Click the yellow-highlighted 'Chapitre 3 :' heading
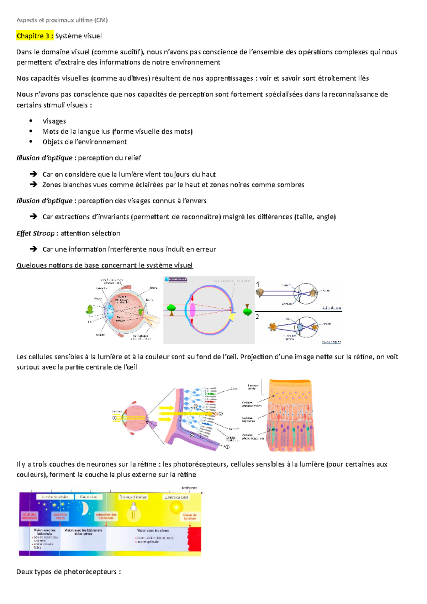tap(35, 36)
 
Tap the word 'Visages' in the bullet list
tap(54, 121)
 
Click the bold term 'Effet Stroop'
tap(35, 233)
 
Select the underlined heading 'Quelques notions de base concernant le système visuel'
tap(105, 265)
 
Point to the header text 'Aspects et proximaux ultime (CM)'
tap(62, 20)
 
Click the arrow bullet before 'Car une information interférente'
tap(33, 249)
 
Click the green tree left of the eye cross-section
tap(89, 309)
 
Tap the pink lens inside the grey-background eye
tap(193, 309)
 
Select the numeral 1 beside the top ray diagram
tap(258, 284)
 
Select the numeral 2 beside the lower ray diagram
tap(257, 316)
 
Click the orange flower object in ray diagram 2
tap(273, 327)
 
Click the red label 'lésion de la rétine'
tap(190, 516)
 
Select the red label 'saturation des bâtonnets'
tap(106, 516)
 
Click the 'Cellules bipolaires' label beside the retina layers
tap(248, 420)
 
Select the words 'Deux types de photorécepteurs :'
tap(68, 572)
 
